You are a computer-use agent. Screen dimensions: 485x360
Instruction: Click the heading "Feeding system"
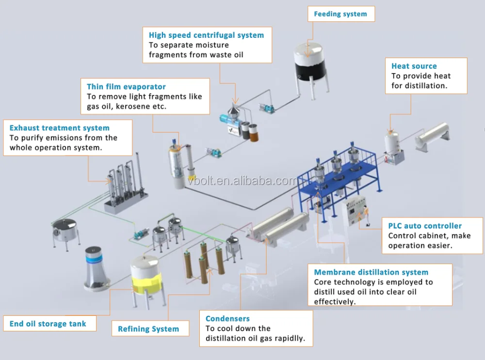coord(340,14)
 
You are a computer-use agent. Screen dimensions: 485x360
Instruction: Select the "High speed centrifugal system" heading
coord(206,35)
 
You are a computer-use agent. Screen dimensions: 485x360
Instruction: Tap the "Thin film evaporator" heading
coord(126,87)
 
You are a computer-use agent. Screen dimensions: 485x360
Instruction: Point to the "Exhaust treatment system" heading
coord(59,128)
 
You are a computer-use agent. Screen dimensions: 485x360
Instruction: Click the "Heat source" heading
coord(414,66)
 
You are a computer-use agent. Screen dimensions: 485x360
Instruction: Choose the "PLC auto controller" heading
coord(425,226)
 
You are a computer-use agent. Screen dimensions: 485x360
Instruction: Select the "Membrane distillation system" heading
coord(371,272)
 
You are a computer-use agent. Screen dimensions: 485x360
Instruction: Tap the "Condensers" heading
coord(227,319)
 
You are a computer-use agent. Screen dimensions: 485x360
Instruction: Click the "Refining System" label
coord(148,329)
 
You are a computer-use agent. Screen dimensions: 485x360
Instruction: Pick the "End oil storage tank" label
coord(48,324)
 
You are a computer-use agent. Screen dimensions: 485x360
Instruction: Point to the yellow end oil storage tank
coord(145,280)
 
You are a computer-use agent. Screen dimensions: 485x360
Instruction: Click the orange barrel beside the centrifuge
coord(254,133)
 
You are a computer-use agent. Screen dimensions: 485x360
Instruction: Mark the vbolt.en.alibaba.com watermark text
coord(242,180)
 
